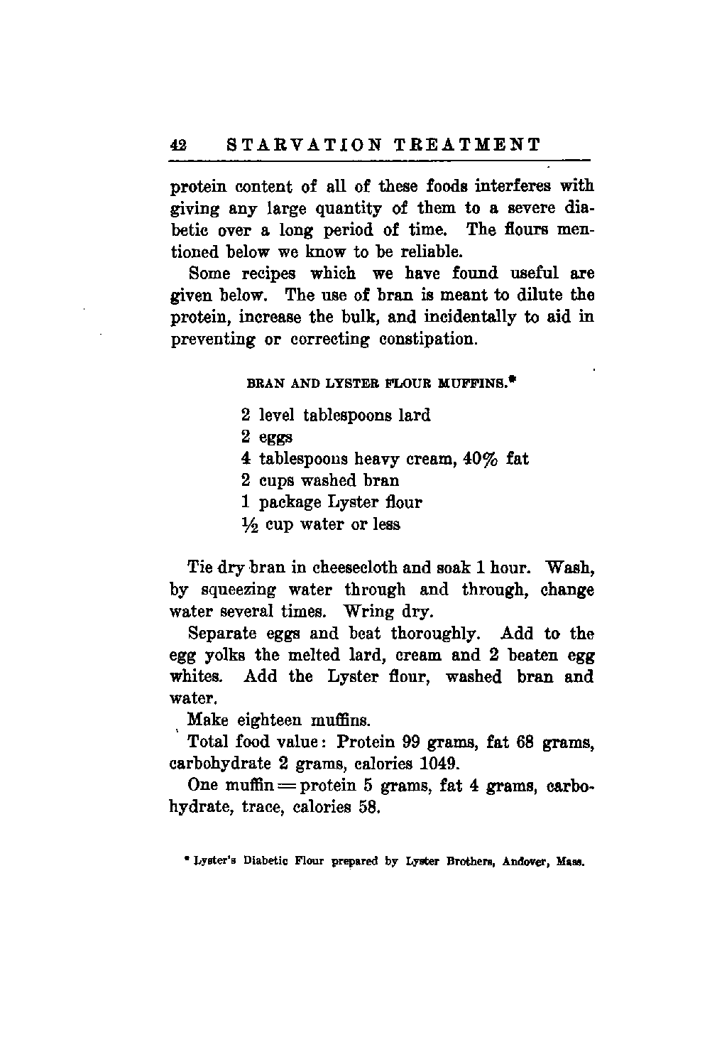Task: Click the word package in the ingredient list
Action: pyautogui.click(x=292, y=503)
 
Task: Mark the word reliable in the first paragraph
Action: pyautogui.click(x=427, y=251)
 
